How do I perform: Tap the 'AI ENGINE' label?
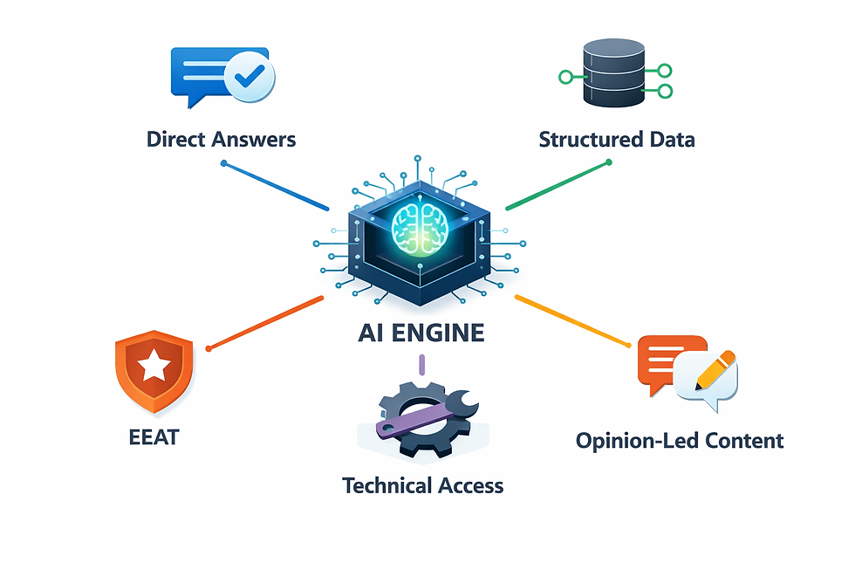(x=421, y=333)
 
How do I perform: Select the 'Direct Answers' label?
(x=221, y=139)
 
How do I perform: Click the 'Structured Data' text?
(x=616, y=139)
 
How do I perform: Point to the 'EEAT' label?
(x=153, y=435)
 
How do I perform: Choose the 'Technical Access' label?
(x=422, y=485)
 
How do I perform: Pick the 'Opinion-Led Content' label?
(x=680, y=440)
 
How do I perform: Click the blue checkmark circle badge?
(x=250, y=79)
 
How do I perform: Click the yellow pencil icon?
(x=715, y=372)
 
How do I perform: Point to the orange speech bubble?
(x=669, y=356)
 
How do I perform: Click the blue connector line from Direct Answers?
(x=276, y=186)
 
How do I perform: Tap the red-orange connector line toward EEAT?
(x=265, y=323)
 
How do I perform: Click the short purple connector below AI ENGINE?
(x=421, y=365)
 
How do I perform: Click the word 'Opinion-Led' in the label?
(x=631, y=440)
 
